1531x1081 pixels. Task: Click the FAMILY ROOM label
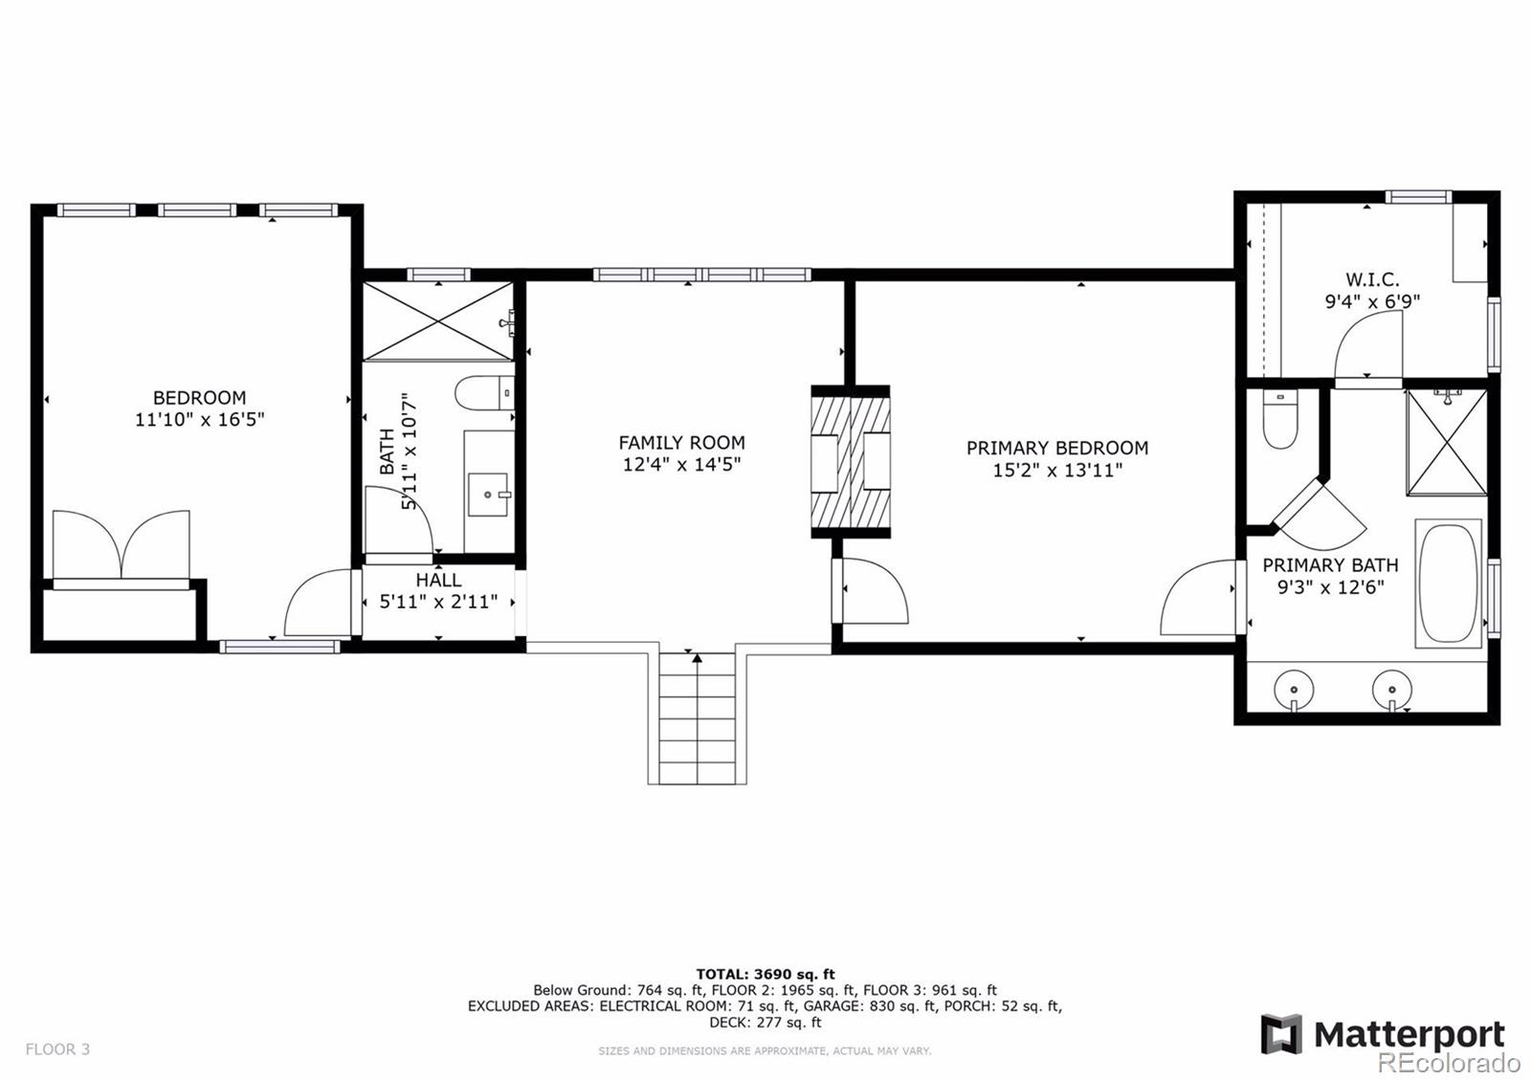[681, 443]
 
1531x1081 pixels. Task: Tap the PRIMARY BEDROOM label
[1056, 449]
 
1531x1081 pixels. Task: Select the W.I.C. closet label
[1372, 279]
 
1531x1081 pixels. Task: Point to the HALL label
[438, 580]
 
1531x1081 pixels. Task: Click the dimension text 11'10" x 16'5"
[199, 420]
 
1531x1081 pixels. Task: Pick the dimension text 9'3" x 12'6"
[1331, 587]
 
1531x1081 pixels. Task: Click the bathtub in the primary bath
[1448, 584]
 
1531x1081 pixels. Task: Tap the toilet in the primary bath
[1280, 419]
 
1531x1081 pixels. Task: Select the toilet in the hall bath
[484, 393]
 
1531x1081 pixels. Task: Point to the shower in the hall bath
[437, 321]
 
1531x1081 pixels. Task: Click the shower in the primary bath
[1446, 442]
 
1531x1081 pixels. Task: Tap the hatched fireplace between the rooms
[851, 462]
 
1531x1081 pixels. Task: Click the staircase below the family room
[698, 717]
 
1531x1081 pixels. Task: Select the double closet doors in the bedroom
[121, 545]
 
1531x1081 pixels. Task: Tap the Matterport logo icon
[1281, 1034]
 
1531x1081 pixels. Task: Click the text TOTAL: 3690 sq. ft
[765, 974]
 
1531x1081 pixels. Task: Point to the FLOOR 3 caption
[57, 1048]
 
